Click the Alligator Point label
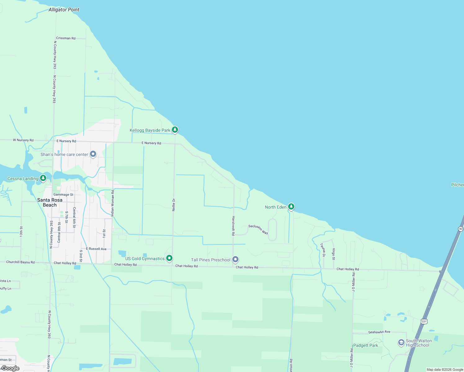tap(64, 10)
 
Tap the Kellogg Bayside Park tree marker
tap(175, 130)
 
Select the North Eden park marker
tap(291, 206)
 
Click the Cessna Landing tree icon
tap(43, 178)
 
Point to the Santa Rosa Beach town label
tap(50, 202)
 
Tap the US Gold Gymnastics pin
tap(169, 258)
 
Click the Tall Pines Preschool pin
tap(235, 259)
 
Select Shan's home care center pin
tap(93, 154)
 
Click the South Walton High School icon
tap(401, 343)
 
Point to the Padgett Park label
tap(366, 345)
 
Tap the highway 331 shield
tap(424, 321)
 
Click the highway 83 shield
tap(461, 229)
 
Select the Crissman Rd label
tap(66, 38)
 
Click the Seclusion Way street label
tap(258, 229)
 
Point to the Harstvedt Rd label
tap(233, 226)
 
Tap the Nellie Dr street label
tap(174, 205)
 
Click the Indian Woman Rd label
tap(113, 203)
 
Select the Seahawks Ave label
tap(379, 332)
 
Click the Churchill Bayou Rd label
tap(20, 262)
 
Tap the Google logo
tap(11, 368)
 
